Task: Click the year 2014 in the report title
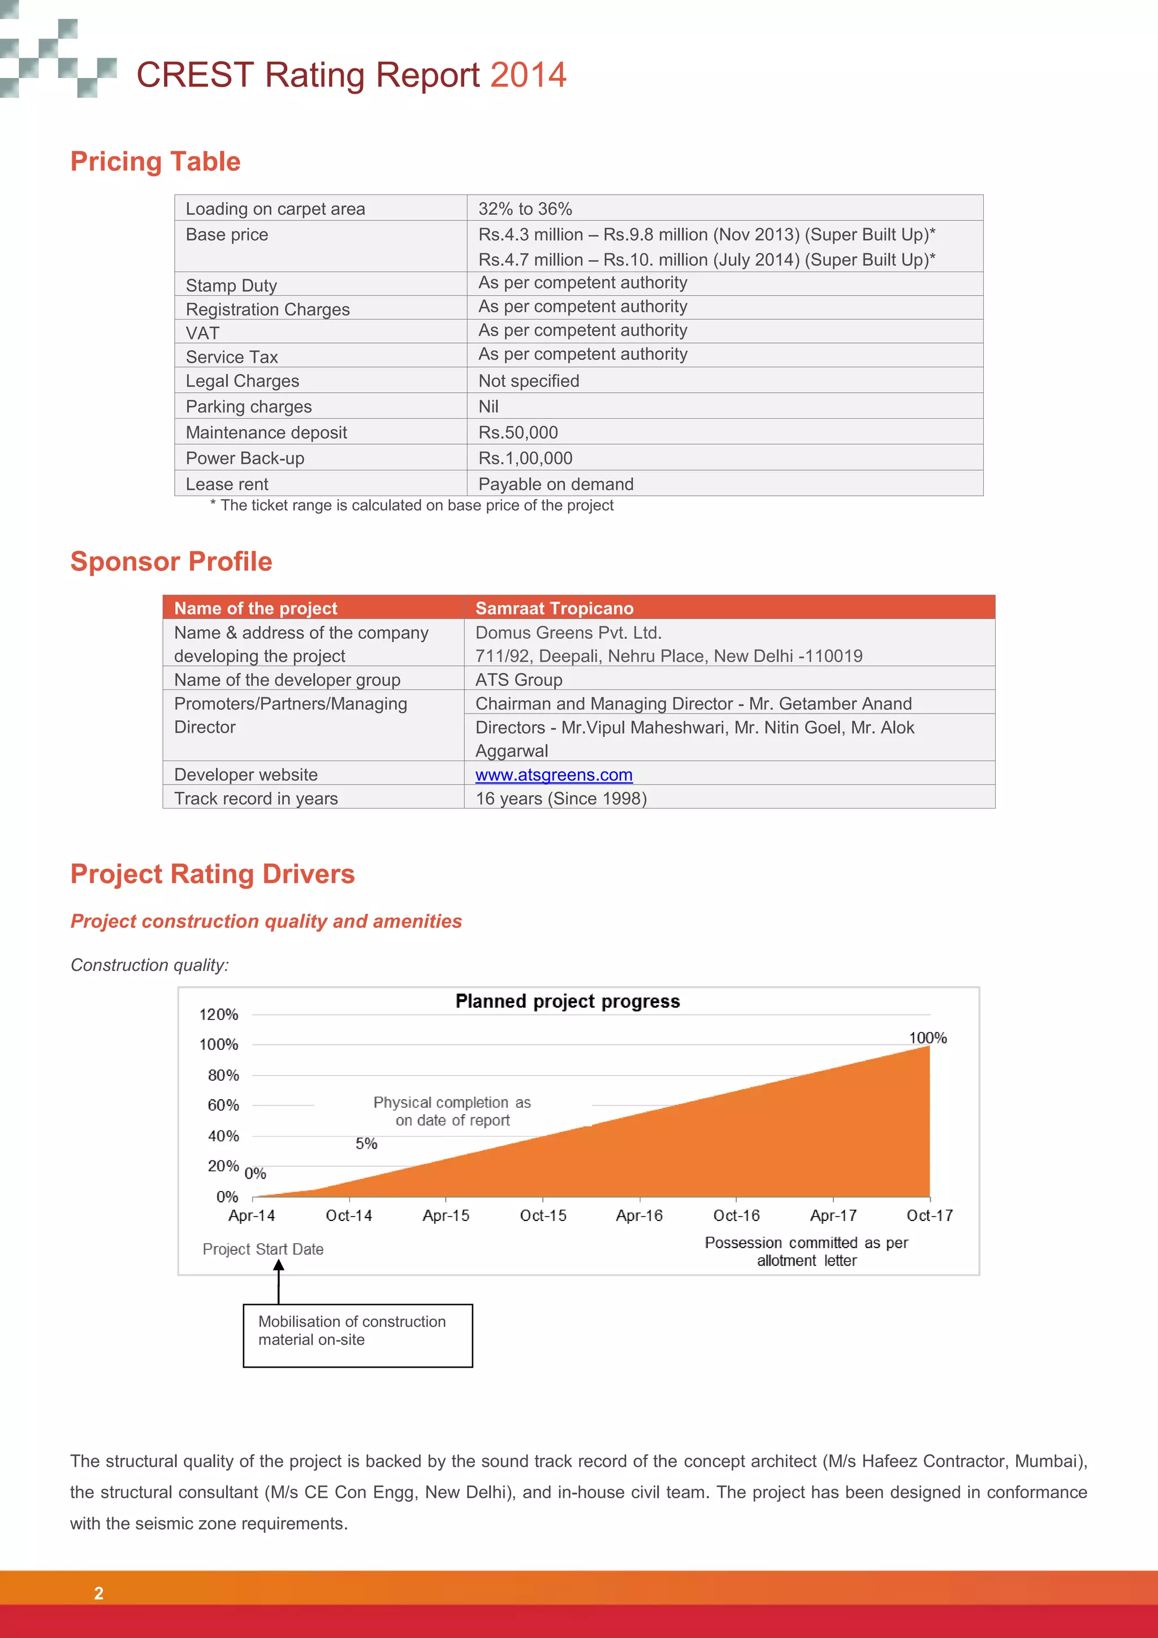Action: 528,75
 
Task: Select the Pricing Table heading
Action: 155,162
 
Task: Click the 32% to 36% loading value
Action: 525,209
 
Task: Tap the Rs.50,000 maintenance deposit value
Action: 518,432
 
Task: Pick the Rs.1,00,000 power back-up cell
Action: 525,458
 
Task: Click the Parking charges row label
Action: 248,407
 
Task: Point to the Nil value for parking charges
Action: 489,407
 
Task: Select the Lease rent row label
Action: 227,484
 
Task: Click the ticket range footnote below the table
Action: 412,506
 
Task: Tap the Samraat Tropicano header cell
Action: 554,609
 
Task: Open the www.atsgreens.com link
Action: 554,775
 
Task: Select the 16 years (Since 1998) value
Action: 560,798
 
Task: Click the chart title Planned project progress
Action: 568,1001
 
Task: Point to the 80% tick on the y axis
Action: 223,1075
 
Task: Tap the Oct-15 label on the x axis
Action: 543,1216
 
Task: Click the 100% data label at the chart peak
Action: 927,1038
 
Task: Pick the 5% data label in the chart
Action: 366,1143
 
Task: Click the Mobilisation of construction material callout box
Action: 357,1335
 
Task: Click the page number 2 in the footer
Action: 98,1593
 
